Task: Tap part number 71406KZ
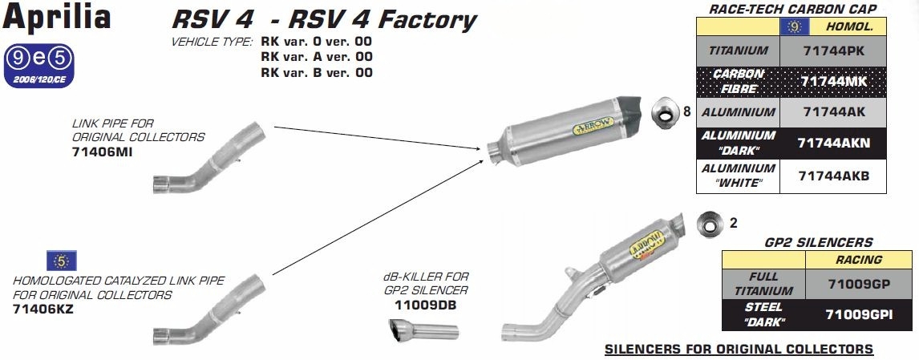43,309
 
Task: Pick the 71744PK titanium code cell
833,51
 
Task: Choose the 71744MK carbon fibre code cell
833,82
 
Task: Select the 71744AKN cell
833,143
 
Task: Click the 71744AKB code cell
833,176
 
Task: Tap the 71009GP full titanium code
859,285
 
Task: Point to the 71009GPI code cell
859,315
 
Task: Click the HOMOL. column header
849,26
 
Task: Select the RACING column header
859,260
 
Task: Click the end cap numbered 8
666,112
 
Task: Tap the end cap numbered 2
710,224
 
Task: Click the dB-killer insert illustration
423,330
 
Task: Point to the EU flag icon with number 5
62,261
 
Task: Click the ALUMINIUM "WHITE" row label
739,176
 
